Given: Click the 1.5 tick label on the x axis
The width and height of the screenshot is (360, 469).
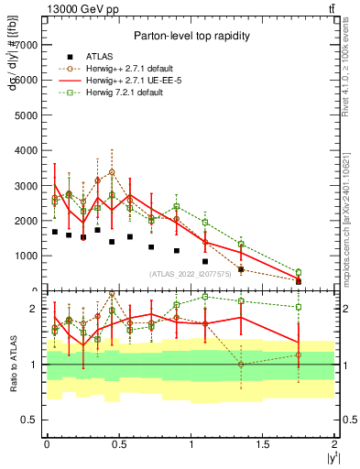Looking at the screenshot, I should tap(263, 444).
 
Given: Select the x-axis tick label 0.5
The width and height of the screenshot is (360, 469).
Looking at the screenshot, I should tap(119, 444).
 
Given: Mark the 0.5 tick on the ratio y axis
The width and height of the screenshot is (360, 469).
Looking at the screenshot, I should tap(29, 420).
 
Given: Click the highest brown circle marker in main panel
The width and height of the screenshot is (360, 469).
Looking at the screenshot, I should tap(112, 172).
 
